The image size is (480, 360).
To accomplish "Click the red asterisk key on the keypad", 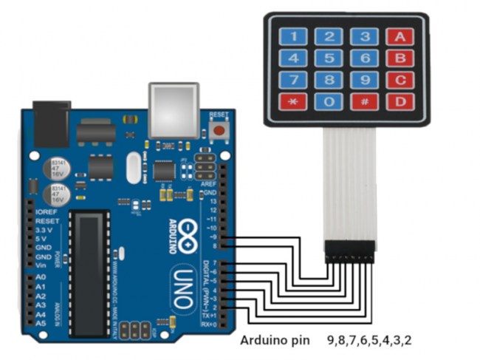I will pos(294,101).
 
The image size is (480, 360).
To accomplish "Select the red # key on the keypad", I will pos(364,101).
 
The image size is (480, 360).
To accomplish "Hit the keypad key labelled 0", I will pos(329,101).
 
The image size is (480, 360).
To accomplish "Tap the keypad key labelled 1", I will pos(294,35).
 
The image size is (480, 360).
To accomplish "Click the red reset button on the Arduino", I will pos(219,131).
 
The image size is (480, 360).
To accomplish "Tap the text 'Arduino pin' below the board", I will pos(270,341).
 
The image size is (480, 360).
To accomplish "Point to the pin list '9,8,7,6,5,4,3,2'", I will pos(369,341).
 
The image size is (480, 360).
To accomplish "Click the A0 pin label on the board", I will pos(41,276).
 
